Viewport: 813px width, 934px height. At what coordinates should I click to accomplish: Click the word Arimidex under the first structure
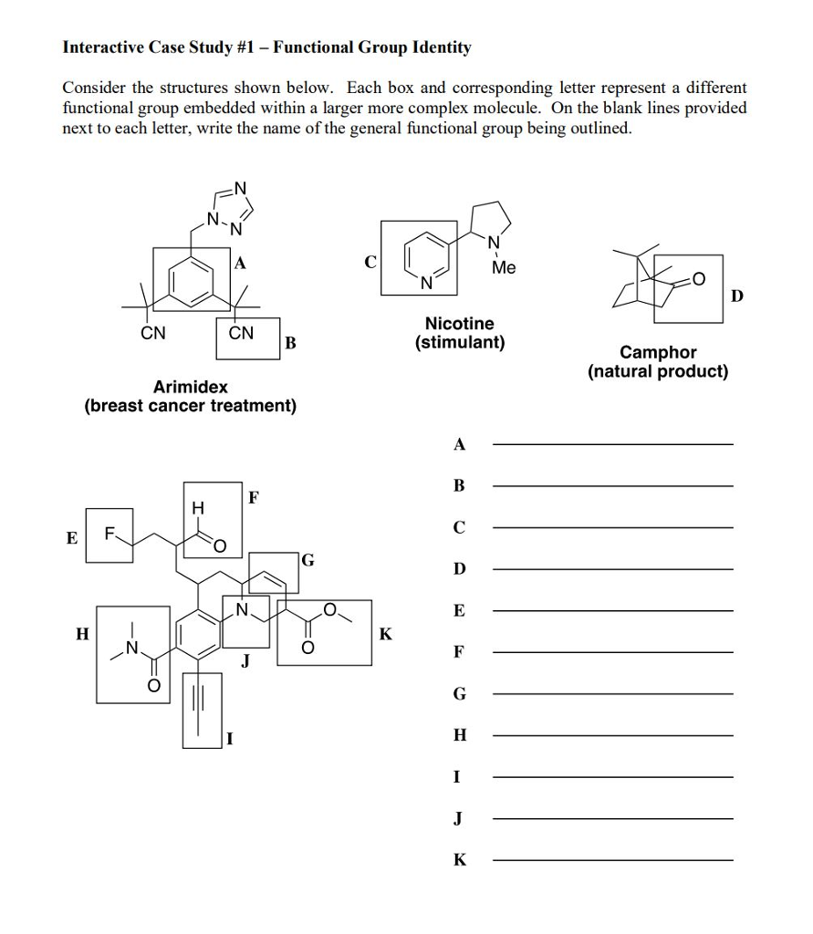(190, 387)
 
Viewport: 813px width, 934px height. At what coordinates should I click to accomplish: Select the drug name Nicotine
(460, 324)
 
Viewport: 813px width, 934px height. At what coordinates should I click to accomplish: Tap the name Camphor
(658, 352)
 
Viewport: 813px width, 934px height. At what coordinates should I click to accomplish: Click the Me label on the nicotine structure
(503, 268)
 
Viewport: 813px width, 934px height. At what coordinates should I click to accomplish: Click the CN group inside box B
(241, 333)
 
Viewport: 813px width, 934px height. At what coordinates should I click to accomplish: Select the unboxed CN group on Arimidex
(152, 333)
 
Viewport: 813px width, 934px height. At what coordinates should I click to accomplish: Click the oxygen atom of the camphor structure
(699, 279)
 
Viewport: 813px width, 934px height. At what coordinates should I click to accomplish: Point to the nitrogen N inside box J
(242, 609)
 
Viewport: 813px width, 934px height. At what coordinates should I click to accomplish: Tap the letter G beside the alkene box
(308, 560)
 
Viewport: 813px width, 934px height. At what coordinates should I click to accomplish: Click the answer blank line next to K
(612, 860)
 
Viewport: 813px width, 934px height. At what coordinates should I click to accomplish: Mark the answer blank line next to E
(612, 611)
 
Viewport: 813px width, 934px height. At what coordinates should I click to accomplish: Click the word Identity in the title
(442, 47)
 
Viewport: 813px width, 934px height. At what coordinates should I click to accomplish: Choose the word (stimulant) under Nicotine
(460, 343)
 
